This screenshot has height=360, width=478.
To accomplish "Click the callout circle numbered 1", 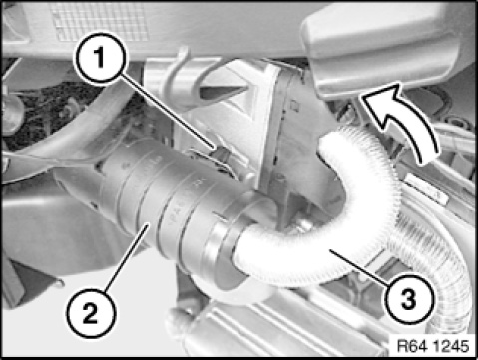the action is click(x=101, y=58).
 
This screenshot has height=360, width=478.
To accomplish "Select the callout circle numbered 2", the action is click(x=91, y=313).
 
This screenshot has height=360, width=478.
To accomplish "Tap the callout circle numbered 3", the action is click(x=409, y=298).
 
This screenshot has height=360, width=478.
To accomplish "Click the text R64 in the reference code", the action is click(x=412, y=346).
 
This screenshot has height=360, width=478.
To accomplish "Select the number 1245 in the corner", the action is click(x=450, y=346).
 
